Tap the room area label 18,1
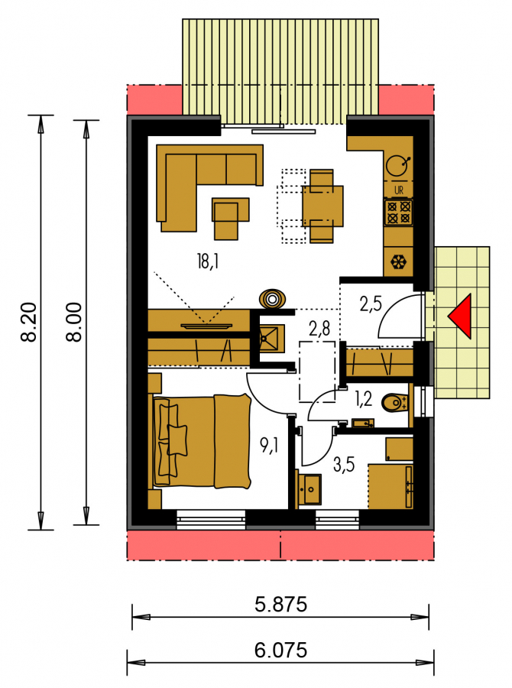point(208,262)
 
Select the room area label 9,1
point(269,446)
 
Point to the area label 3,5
point(344,465)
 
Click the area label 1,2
point(364,399)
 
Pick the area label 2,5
point(371,303)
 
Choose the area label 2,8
point(319,328)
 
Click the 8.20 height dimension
point(29,322)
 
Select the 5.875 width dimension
point(280,605)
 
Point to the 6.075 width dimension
point(280,650)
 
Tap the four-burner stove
point(399,212)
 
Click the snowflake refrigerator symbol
point(399,262)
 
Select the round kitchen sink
point(398,166)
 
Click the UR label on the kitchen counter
point(399,190)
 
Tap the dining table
point(322,206)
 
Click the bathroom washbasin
point(310,488)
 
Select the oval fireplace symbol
point(273,300)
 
